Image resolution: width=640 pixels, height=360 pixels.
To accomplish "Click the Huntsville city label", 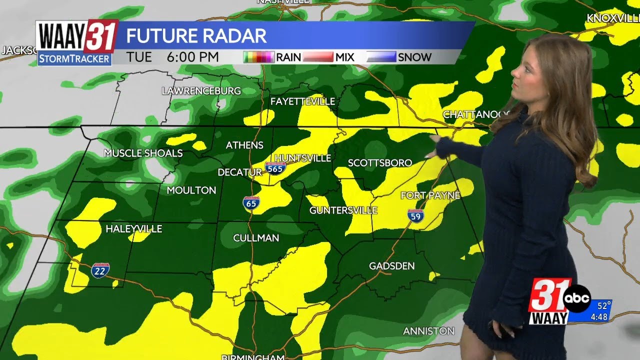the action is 303,158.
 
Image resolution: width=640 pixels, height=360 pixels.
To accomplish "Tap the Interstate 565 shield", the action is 275,168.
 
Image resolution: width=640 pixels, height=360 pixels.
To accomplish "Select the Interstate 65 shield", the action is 251,203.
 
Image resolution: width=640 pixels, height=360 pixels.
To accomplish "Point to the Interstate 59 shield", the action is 415,215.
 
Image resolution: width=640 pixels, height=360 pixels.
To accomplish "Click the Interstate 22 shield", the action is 100,270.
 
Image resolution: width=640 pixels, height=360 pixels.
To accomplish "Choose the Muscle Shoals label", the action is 143,153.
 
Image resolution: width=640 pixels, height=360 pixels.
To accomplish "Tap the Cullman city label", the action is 256,238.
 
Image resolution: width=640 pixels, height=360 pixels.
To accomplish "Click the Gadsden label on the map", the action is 391,266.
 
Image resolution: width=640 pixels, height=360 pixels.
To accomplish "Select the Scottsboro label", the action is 380,163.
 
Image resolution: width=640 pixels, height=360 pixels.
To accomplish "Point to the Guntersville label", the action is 343,210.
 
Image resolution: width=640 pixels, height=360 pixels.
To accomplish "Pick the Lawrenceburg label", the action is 201,91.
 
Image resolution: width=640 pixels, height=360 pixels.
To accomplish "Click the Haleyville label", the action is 134,229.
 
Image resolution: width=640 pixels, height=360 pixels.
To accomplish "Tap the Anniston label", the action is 428,331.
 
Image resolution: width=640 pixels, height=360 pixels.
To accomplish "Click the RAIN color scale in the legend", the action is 259,57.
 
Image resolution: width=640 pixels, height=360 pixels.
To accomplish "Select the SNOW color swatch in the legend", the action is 382,57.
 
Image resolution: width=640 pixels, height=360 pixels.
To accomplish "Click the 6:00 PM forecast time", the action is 193,57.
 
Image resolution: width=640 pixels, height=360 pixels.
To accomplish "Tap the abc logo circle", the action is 577,298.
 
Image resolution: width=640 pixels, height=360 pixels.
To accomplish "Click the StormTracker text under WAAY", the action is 74,59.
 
